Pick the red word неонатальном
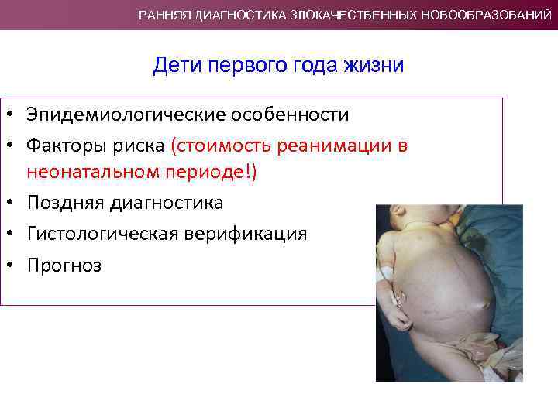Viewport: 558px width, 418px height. (85, 172)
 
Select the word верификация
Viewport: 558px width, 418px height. (246, 234)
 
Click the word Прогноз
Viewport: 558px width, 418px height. (64, 265)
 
